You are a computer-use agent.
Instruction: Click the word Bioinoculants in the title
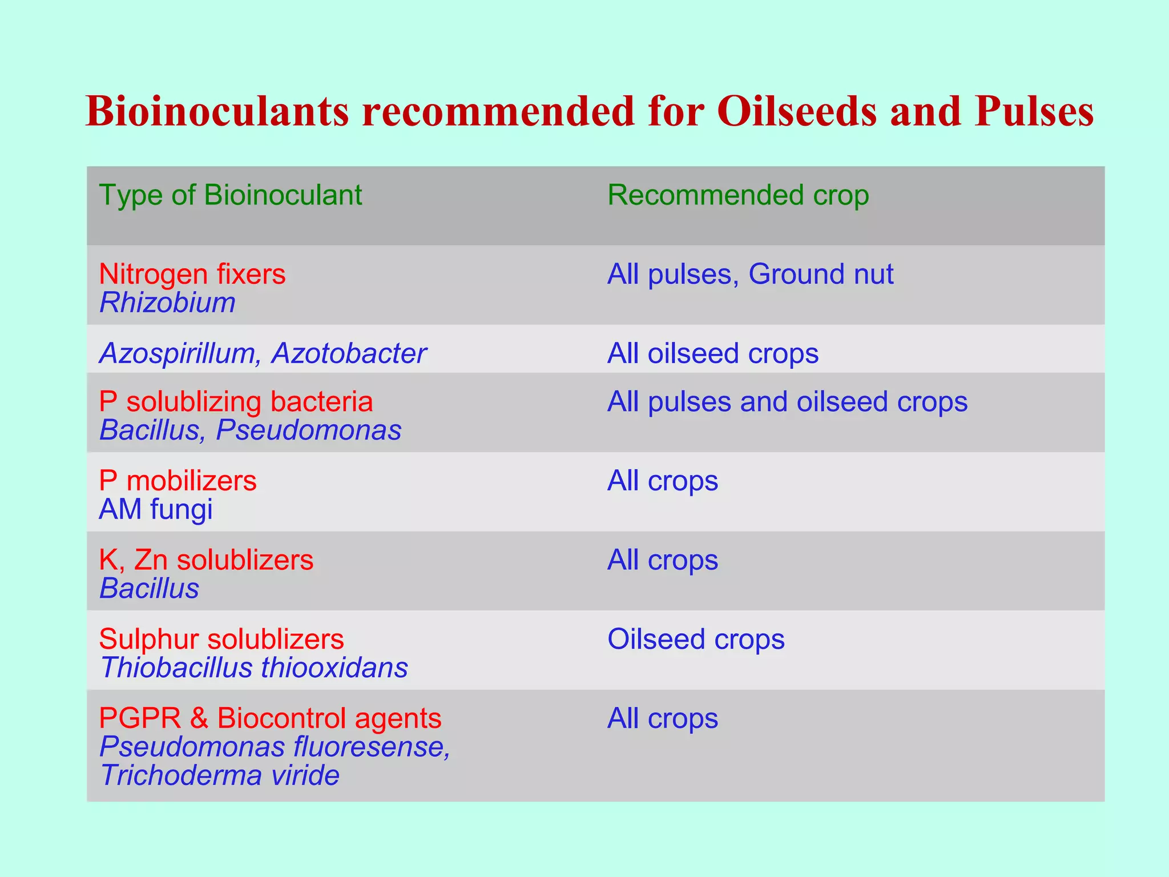coord(217,111)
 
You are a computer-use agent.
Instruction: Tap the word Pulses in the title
coord(1034,111)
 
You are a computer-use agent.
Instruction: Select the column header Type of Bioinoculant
coord(230,195)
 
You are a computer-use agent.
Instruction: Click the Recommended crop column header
coord(737,195)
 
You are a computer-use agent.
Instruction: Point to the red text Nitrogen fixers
coord(192,274)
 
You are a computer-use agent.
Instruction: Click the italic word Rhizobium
coord(167,303)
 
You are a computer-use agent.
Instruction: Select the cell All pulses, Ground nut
coord(749,274)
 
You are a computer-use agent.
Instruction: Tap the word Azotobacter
coord(349,353)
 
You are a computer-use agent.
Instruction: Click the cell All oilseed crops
coord(712,353)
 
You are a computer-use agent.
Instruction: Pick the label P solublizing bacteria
coord(236,401)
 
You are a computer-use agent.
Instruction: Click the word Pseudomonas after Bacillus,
coord(308,430)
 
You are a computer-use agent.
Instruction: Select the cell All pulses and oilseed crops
coord(787,401)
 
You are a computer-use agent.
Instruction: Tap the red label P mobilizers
coord(178,481)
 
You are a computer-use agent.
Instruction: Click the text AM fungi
coord(156,509)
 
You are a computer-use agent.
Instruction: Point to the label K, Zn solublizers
coord(206,560)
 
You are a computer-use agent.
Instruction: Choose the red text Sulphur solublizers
coord(221,639)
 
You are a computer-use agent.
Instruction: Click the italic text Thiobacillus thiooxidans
coord(254,667)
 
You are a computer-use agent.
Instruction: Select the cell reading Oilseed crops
coord(696,639)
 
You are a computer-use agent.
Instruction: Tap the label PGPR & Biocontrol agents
coord(270,718)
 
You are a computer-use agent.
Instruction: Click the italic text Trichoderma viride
coord(220,775)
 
